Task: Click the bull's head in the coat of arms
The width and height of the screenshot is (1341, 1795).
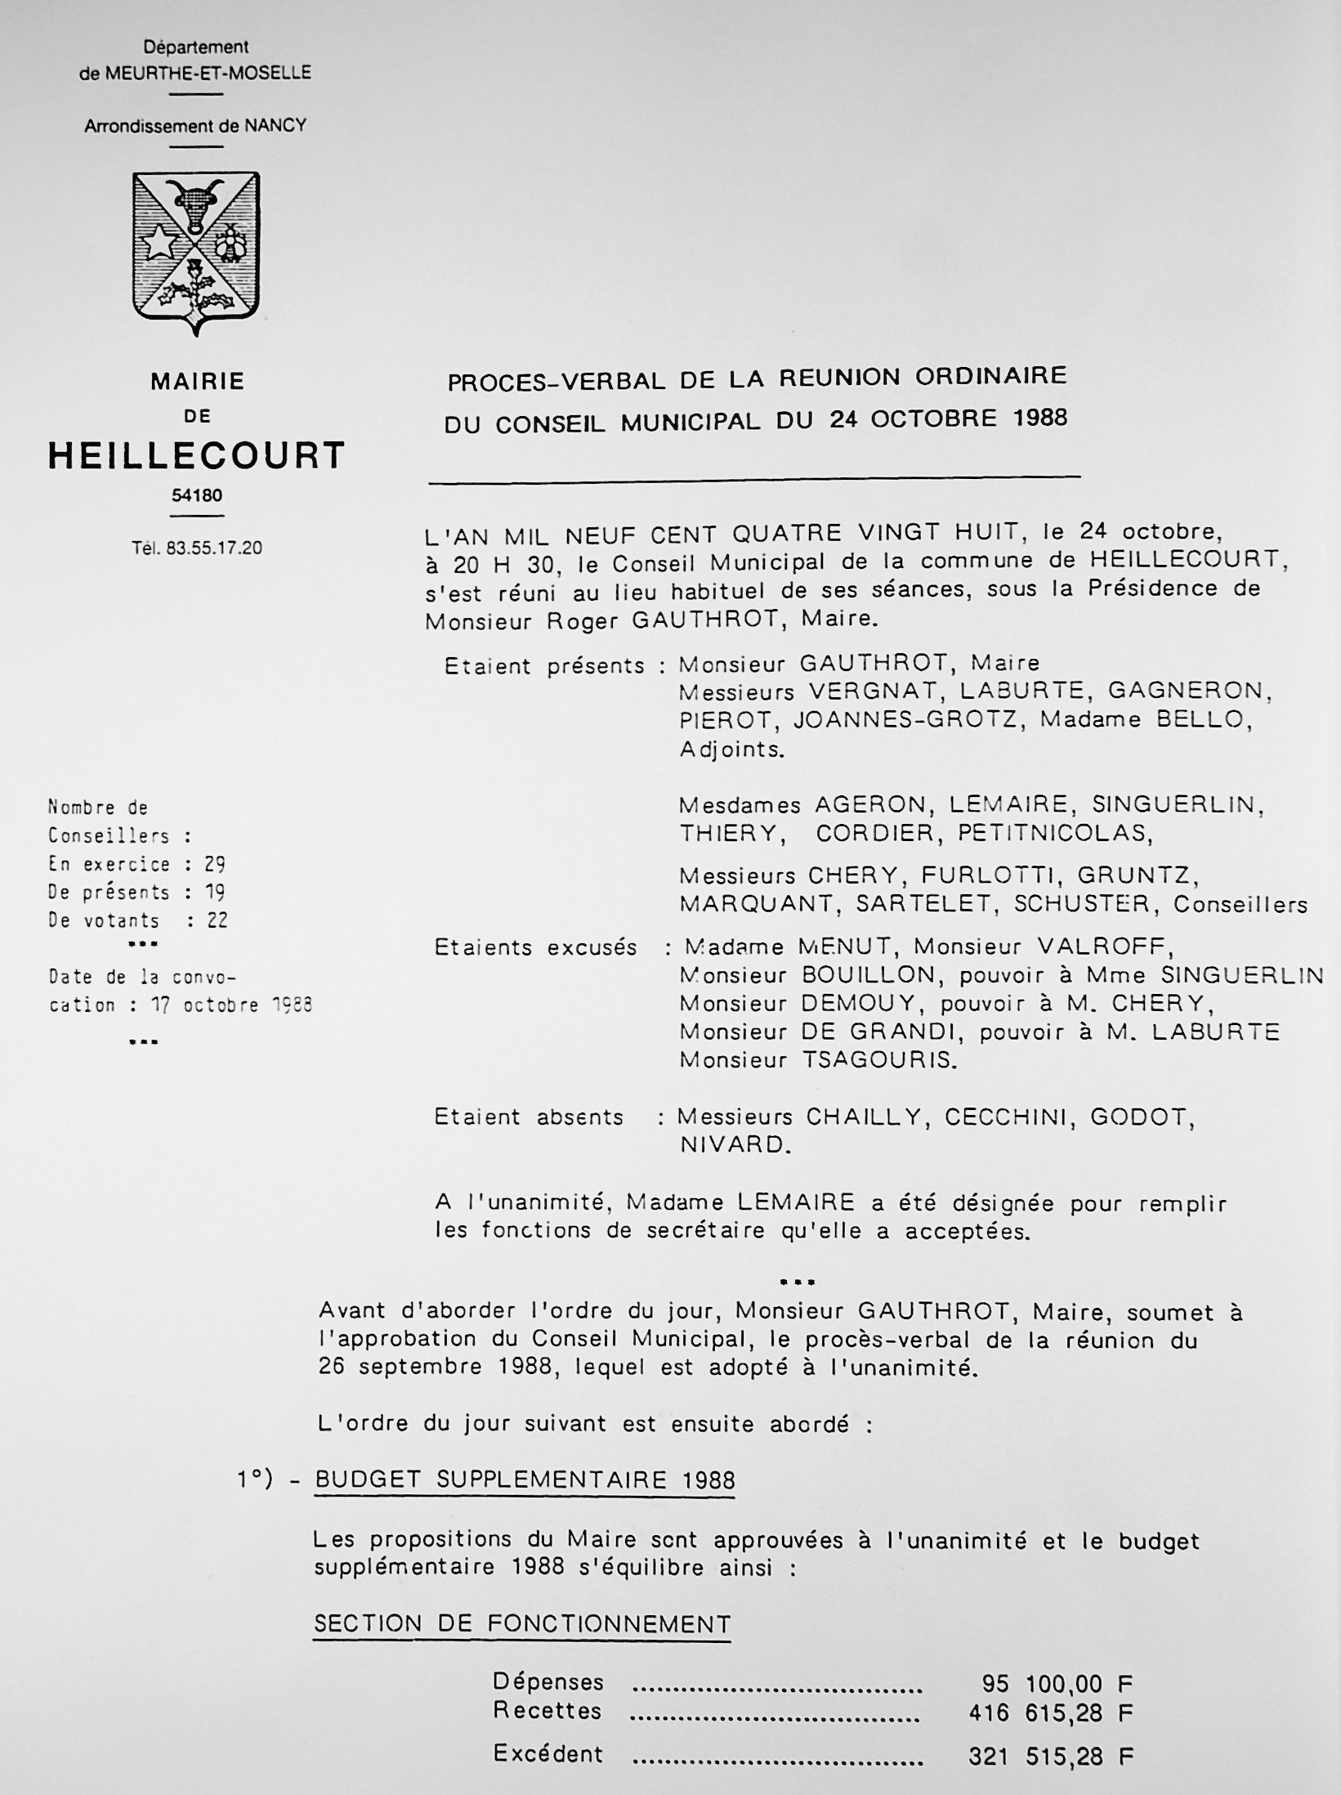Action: coord(194,205)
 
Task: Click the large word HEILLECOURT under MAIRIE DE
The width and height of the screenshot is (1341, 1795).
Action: coord(197,456)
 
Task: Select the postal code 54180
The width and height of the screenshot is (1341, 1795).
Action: coord(197,495)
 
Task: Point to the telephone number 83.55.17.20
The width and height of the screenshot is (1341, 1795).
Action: coord(213,548)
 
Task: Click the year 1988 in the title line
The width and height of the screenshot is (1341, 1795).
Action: coord(1039,419)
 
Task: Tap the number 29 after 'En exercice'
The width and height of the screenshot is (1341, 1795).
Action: coord(215,864)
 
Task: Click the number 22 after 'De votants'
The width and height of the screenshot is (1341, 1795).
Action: coord(217,920)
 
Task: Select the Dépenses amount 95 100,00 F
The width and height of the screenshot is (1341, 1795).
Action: coord(1057,1683)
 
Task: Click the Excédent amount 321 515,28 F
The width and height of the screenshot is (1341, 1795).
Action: coord(1051,1755)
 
